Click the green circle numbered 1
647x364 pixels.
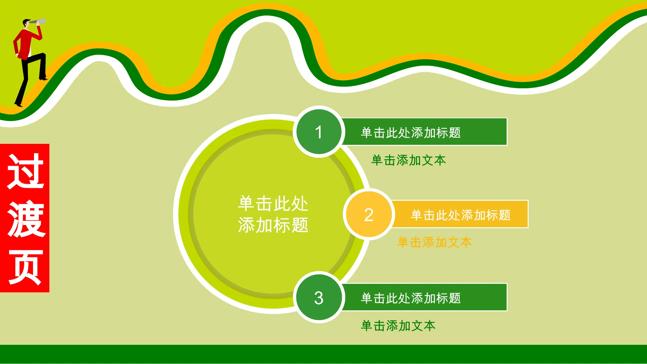coord(319,132)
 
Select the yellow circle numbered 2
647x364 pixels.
coord(369,214)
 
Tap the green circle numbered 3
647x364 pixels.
coord(319,297)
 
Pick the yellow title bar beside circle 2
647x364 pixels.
coord(460,214)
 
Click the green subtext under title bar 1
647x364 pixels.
coord(409,160)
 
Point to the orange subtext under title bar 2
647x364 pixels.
coord(434,242)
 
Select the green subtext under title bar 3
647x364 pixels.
coord(398,326)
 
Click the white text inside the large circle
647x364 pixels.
coord(273,214)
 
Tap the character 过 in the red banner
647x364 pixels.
coord(25,171)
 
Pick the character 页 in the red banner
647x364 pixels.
coord(26,267)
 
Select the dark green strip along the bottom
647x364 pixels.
coord(323,354)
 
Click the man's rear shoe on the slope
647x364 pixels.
coord(18,104)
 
